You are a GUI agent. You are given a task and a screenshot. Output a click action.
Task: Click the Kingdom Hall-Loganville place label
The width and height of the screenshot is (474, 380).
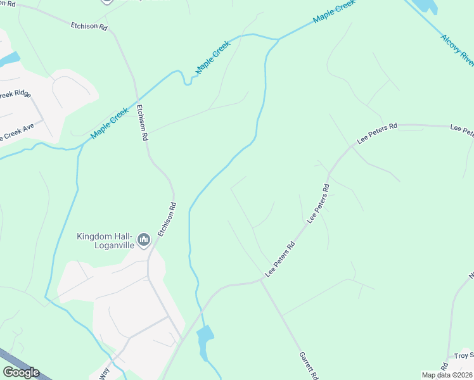click(x=106, y=241)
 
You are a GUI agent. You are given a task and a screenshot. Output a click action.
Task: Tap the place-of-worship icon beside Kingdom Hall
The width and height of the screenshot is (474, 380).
click(x=144, y=239)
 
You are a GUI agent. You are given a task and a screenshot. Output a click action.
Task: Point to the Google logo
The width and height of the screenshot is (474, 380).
click(x=21, y=372)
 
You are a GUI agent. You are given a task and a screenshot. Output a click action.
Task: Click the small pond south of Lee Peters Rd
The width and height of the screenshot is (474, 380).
click(x=205, y=342)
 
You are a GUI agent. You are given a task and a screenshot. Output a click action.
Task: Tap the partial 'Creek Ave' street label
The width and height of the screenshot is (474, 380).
click(x=17, y=132)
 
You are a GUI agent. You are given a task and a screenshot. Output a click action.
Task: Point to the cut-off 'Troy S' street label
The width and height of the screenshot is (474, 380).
click(x=461, y=357)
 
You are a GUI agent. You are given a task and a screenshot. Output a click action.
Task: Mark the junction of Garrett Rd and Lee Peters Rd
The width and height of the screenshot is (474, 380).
click(x=262, y=279)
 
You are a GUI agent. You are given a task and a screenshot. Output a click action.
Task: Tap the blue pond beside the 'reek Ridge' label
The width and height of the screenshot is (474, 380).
click(x=9, y=60)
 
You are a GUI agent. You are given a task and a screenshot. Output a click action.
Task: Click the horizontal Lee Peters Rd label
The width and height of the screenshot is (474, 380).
click(x=377, y=134)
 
